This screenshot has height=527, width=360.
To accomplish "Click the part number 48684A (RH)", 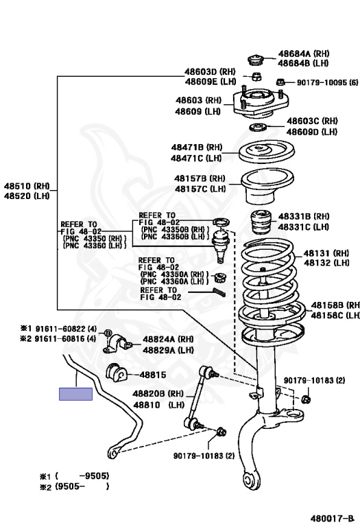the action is (304, 54).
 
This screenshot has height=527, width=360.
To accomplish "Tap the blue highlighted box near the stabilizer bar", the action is (76, 394).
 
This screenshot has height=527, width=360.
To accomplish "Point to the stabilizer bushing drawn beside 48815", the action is (115, 373).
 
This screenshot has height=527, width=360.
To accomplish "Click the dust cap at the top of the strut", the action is (256, 60).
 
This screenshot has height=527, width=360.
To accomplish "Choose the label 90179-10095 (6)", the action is (327, 82).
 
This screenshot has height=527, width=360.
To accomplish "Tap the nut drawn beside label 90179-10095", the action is (281, 82).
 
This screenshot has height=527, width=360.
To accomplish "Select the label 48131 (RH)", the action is (326, 253).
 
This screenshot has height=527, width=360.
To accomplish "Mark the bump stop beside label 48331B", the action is (261, 222).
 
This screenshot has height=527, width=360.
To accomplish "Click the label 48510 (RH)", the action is (27, 186).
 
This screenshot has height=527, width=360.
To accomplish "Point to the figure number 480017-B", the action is (333, 518).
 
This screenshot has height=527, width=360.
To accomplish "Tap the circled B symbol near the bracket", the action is (108, 333).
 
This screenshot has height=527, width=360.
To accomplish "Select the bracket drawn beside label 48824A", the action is (117, 344).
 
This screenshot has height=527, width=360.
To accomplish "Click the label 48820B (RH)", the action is (158, 394).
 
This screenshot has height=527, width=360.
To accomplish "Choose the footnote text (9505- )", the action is (82, 487).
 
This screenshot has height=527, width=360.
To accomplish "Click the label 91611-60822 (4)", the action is (66, 329).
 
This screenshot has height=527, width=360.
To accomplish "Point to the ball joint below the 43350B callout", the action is (220, 244).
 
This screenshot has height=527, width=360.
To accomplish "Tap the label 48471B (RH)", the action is (197, 147).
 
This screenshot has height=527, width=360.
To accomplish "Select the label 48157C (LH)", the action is (200, 189).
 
